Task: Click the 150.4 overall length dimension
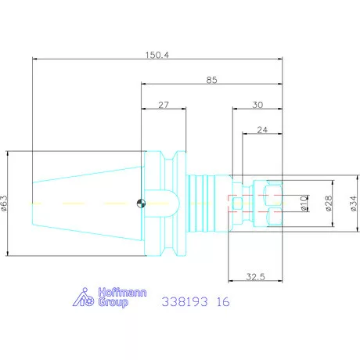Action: (x=157, y=55)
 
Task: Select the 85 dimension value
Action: (x=211, y=80)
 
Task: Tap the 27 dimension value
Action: (x=164, y=105)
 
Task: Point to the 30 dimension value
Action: (x=257, y=105)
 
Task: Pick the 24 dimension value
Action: (x=262, y=130)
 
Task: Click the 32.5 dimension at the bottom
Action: (x=255, y=276)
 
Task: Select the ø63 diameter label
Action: (x=5, y=203)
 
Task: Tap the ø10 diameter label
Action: (x=304, y=203)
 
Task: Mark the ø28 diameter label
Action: (x=329, y=203)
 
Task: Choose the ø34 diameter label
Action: (x=353, y=203)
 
